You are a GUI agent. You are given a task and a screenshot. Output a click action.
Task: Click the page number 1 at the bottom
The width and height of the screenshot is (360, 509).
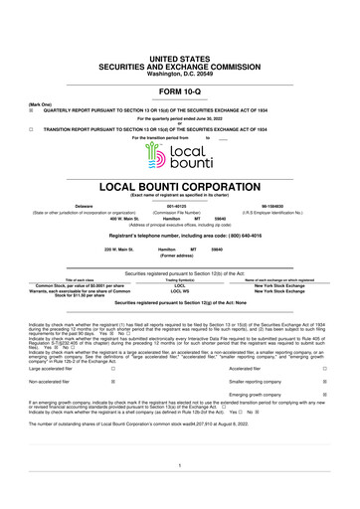pyautogui.click(x=179, y=466)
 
